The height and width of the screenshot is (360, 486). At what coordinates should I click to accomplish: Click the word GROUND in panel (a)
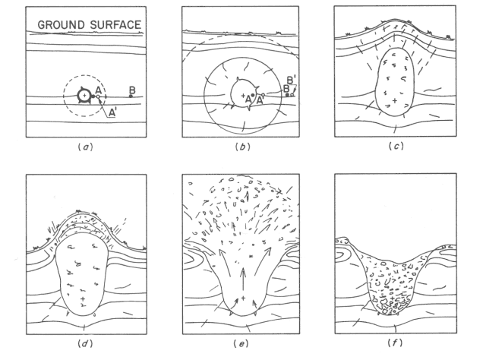(x=61, y=25)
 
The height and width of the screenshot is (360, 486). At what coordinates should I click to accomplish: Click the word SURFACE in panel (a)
(x=115, y=25)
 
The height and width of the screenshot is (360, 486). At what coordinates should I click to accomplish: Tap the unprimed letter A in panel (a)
(x=99, y=90)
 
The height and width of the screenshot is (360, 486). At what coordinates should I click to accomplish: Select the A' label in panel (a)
(x=112, y=114)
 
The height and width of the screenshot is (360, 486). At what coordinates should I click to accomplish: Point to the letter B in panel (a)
(x=132, y=90)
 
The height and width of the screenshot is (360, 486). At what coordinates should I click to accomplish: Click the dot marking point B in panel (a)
(x=131, y=96)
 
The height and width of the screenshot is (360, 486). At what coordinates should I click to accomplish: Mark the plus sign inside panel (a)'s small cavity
(x=84, y=96)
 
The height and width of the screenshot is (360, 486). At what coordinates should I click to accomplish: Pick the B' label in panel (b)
(x=291, y=81)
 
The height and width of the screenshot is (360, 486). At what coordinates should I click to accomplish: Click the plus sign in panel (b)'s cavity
(x=243, y=96)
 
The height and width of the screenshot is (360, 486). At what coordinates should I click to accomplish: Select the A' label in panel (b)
(x=260, y=99)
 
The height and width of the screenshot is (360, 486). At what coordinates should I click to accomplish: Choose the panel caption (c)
(x=396, y=146)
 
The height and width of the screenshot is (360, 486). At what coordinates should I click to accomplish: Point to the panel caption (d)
(x=85, y=343)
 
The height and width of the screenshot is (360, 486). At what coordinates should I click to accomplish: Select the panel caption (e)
(x=241, y=343)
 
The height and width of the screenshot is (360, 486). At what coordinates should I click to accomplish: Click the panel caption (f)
(x=395, y=343)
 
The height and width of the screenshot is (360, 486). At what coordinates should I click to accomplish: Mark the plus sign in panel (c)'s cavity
(x=395, y=101)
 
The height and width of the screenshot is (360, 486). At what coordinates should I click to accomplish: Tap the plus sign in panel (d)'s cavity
(x=83, y=299)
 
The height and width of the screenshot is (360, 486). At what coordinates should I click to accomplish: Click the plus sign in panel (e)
(x=243, y=298)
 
